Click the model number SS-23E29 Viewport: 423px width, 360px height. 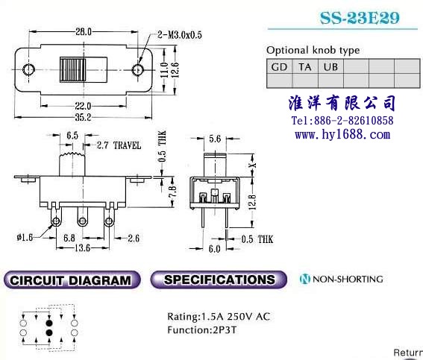(360, 18)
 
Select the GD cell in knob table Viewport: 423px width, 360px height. (279, 66)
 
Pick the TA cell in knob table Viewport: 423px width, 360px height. (305, 66)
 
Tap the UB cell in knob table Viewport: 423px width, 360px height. (330, 66)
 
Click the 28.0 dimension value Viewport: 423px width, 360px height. (84, 32)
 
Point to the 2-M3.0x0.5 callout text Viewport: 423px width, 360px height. (180, 35)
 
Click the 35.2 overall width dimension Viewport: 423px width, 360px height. (83, 117)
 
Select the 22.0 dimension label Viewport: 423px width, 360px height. (83, 106)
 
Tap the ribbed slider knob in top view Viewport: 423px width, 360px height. (73, 69)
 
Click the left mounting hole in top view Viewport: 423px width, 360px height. (28, 69)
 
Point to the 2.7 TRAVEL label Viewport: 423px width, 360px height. (119, 145)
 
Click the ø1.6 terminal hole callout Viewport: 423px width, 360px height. (25, 238)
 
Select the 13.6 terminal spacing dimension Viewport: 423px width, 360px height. (82, 248)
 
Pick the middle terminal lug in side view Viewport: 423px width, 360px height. (82, 218)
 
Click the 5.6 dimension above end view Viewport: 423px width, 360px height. (215, 139)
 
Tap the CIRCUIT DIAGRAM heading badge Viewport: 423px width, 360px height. (72, 280)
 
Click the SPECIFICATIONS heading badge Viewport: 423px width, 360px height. (219, 280)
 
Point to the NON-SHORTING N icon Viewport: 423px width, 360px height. (305, 279)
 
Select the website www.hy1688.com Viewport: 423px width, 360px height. (342, 134)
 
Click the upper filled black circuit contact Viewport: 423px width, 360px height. (48, 323)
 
